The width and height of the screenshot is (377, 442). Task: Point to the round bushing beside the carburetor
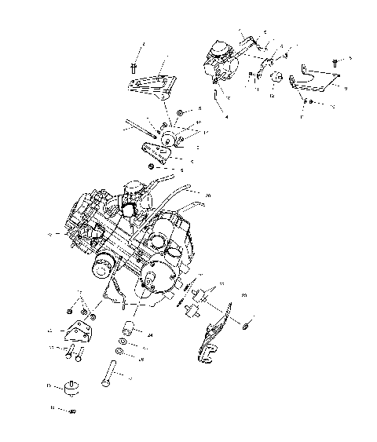coord(276,78)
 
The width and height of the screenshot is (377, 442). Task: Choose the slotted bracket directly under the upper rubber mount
coord(156,155)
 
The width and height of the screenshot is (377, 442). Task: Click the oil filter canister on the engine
coord(102,269)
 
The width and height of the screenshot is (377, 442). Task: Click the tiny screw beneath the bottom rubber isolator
coord(71,411)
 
